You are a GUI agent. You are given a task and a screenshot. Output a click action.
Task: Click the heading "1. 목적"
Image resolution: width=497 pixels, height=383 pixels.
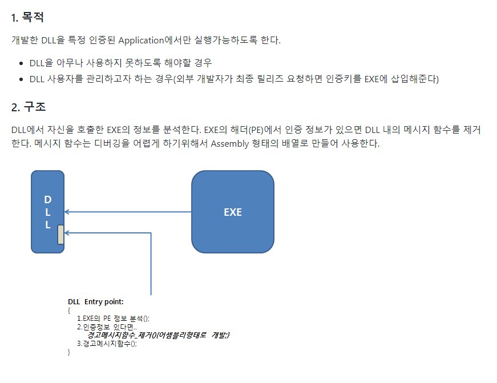pos(27,18)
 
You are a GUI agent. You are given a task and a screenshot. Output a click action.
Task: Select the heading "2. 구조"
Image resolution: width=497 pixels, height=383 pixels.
pos(28,107)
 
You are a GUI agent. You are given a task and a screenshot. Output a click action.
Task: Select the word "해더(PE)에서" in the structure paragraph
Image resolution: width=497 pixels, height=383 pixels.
pos(259,130)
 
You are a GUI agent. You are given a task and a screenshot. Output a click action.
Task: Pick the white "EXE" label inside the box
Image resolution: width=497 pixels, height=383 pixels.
pos(232,212)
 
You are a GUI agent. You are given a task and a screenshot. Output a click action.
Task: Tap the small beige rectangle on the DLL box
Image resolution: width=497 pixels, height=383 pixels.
pos(60,234)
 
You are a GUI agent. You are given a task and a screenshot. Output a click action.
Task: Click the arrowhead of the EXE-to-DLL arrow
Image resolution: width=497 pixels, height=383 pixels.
pos(67,212)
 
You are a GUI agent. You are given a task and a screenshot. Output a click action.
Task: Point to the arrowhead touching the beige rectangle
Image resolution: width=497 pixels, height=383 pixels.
pos(67,233)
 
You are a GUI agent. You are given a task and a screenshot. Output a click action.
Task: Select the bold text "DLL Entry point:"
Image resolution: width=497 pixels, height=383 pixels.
pos(95,301)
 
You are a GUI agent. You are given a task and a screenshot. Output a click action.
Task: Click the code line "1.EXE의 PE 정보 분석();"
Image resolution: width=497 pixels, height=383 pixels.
pos(113,319)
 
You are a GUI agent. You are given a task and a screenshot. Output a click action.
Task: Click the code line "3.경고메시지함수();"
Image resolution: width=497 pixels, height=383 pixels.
pos(107,344)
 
